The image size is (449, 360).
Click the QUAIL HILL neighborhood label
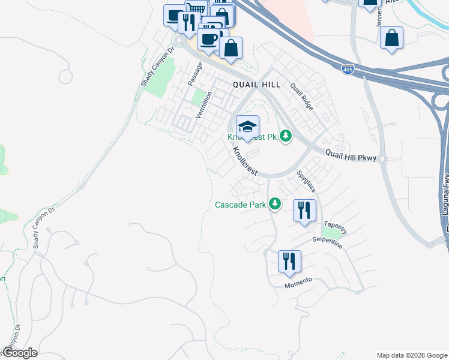[x=256, y=85]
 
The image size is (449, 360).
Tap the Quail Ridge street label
[x=301, y=96]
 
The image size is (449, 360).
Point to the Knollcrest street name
[x=245, y=161]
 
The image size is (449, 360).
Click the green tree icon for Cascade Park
[x=275, y=205]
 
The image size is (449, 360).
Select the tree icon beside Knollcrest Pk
[x=286, y=137]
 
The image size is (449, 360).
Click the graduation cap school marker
[x=247, y=126]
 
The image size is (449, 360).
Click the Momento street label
[x=298, y=282]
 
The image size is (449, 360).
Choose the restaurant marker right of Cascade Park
[x=304, y=210]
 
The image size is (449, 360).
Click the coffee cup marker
[x=208, y=39]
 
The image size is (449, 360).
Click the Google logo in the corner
[x=20, y=353]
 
